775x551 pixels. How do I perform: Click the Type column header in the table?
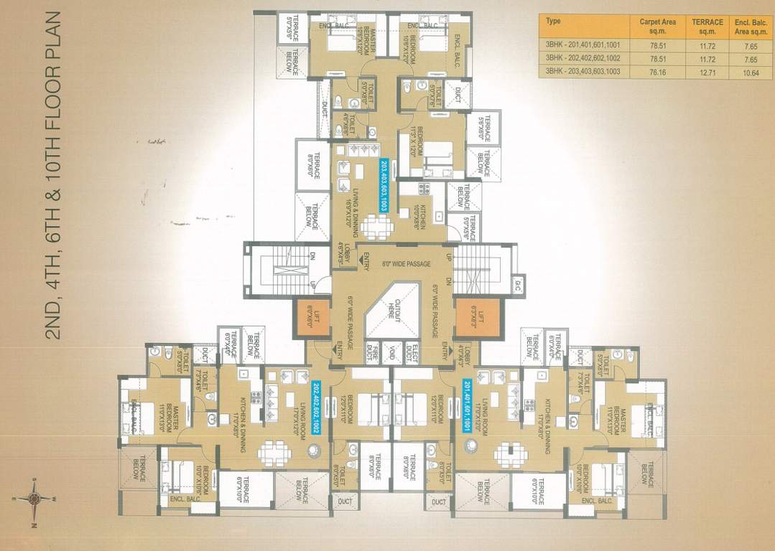click(x=553, y=22)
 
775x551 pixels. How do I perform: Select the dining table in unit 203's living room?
click(x=376, y=227)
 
